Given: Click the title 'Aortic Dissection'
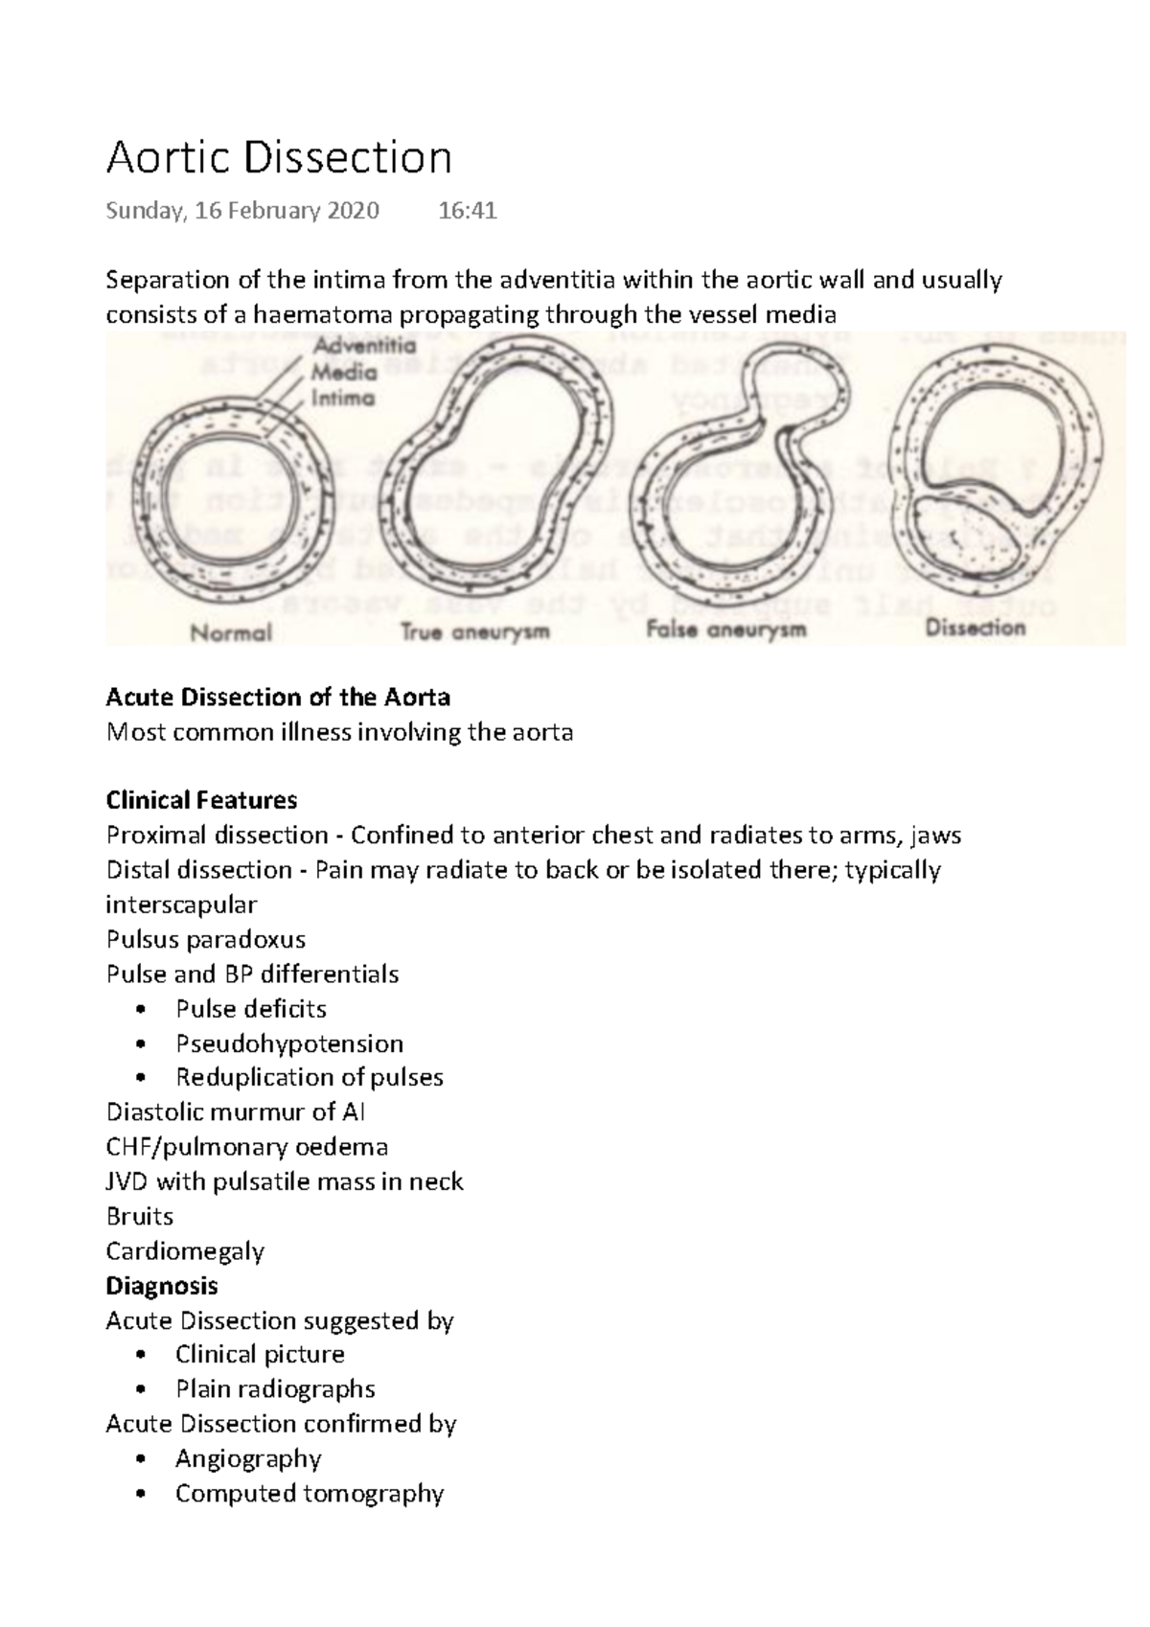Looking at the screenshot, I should [x=278, y=158].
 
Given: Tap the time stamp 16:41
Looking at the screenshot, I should [x=467, y=211].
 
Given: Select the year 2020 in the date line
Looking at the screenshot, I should [x=353, y=211].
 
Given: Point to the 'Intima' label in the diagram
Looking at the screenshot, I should [x=342, y=399].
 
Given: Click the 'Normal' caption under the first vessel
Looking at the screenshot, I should [x=231, y=632].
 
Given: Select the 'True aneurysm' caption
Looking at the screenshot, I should [x=474, y=632].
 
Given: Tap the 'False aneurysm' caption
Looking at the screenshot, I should [x=725, y=630].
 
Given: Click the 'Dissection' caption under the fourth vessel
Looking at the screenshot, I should [x=975, y=629].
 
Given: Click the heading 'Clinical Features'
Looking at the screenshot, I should [x=201, y=800].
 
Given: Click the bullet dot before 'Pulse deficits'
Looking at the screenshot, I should [x=142, y=1009].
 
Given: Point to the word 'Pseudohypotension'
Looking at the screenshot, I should [x=288, y=1043].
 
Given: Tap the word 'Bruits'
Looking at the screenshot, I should [x=140, y=1216].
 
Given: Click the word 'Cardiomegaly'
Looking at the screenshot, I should [x=185, y=1250].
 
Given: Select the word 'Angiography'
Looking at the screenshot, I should [x=248, y=1458].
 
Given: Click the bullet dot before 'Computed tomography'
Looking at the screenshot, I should [x=142, y=1494].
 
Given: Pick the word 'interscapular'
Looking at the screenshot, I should [x=181, y=905].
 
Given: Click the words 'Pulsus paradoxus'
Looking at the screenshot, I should [x=206, y=939].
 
